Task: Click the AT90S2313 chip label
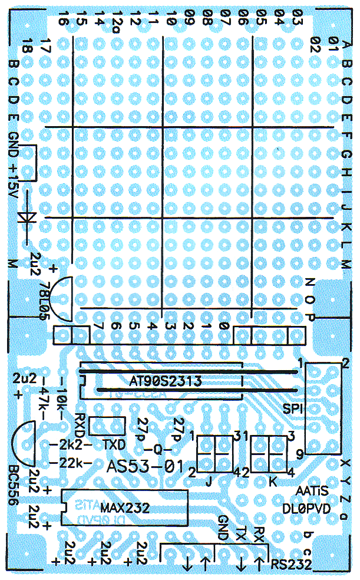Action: [x=166, y=381]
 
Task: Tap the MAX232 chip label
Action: [x=124, y=507]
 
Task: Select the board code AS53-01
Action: [x=145, y=466]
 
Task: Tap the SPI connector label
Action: [x=293, y=408]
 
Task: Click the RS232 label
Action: [x=292, y=564]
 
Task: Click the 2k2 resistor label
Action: [x=71, y=443]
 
